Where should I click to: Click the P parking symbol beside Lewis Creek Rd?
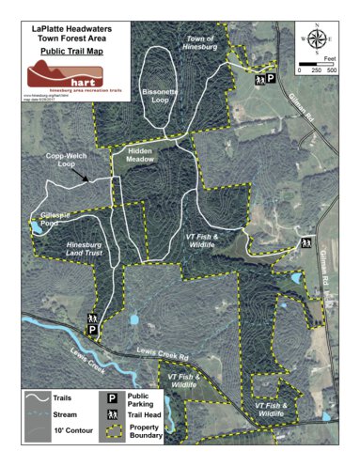[x=93, y=331]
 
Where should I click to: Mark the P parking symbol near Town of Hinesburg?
[x=271, y=82]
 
